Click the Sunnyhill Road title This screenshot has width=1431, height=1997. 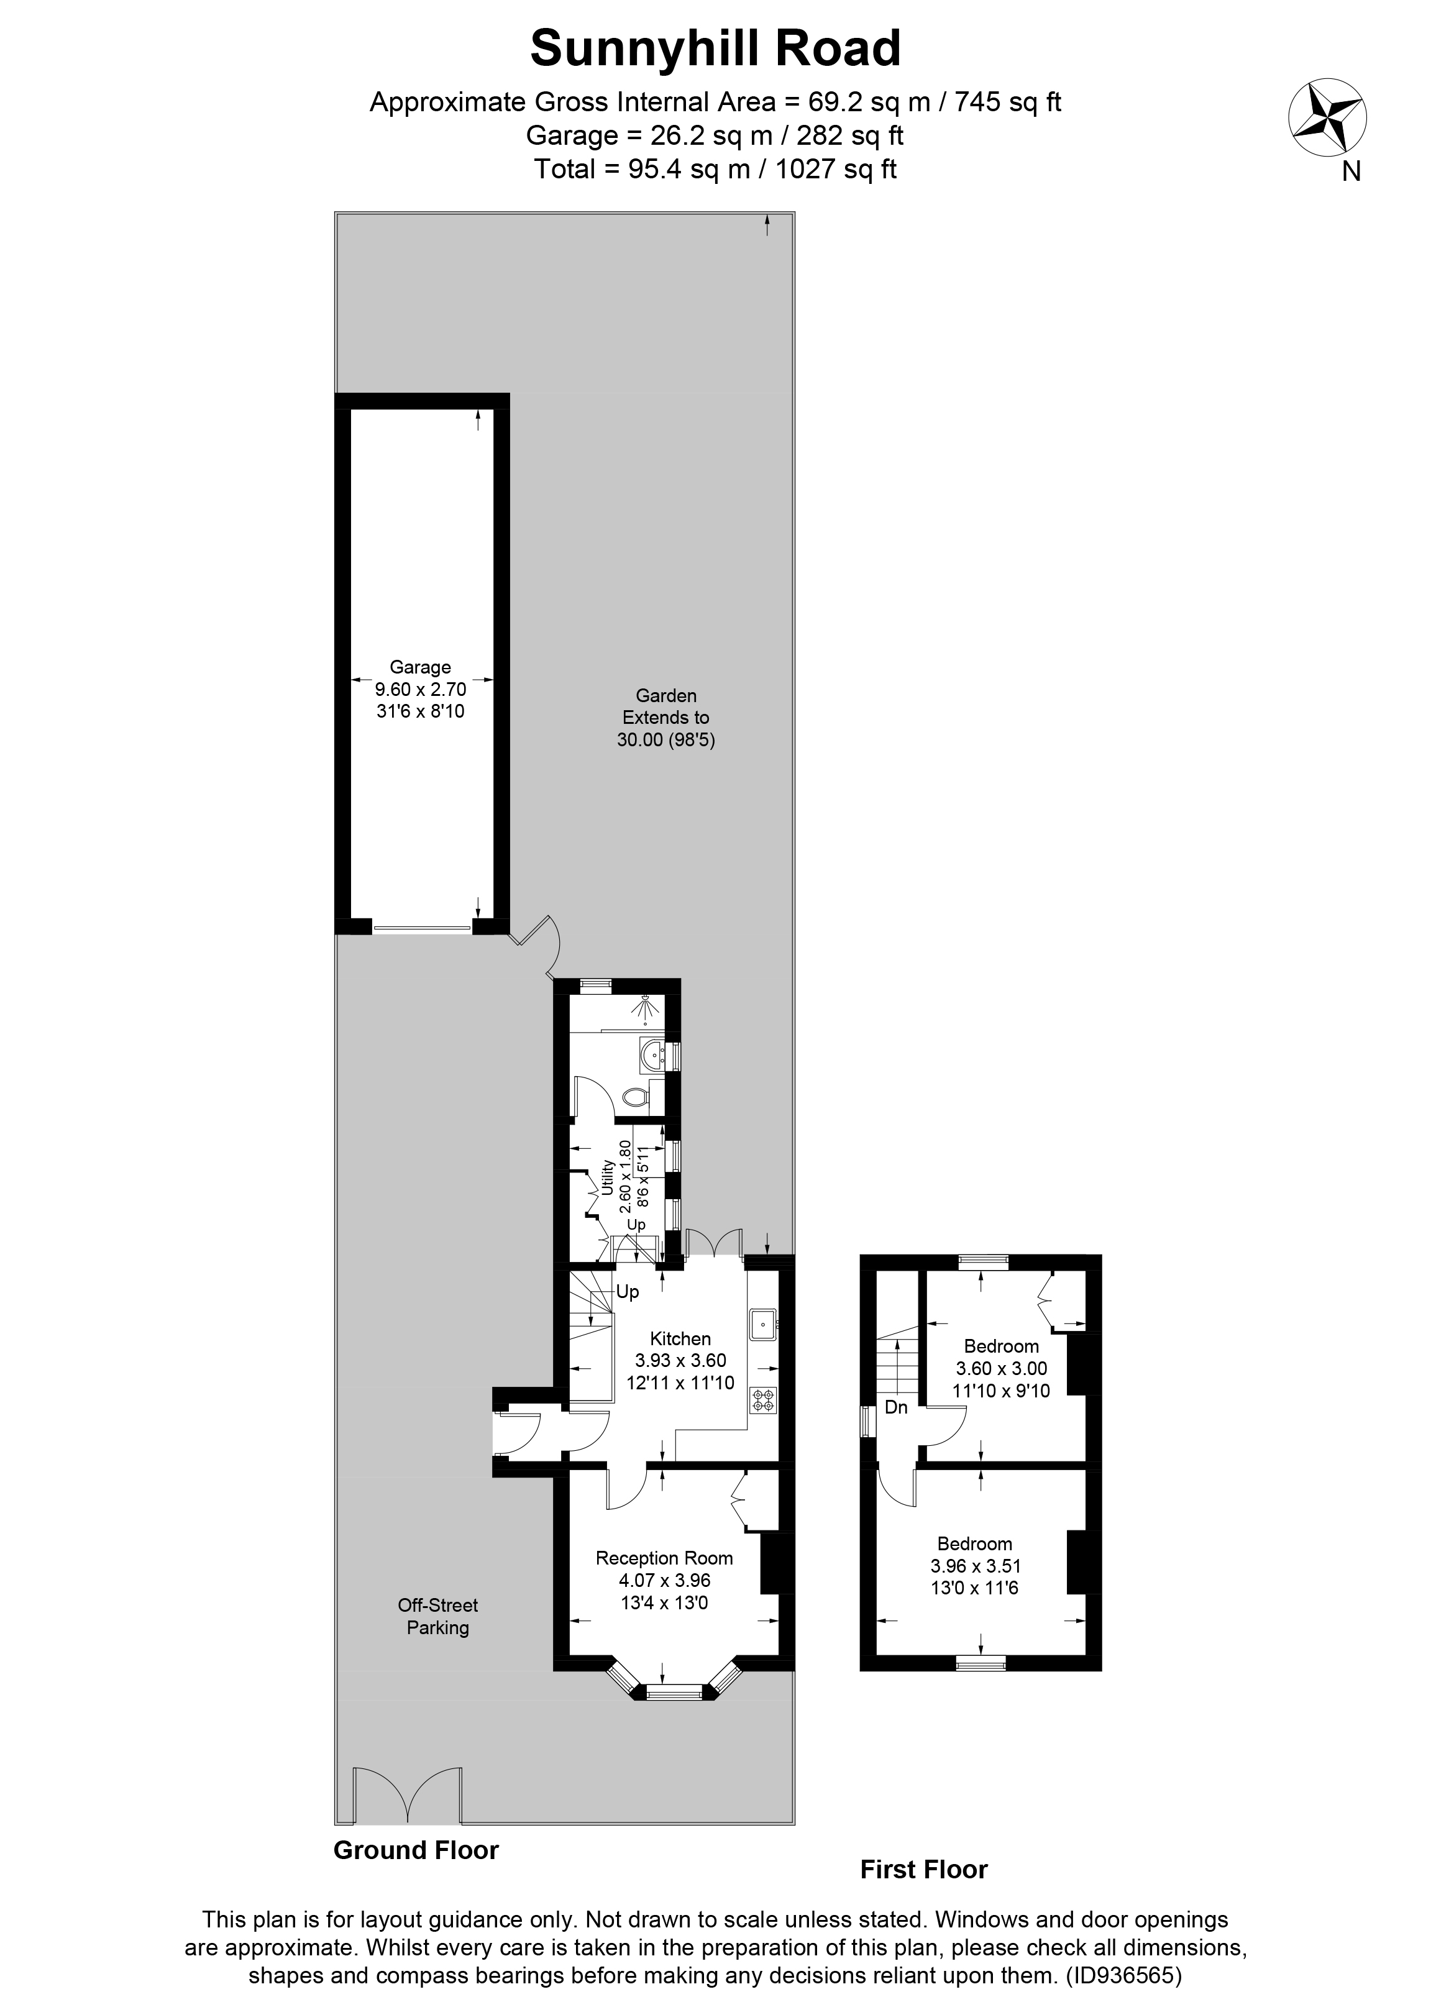pyautogui.click(x=715, y=48)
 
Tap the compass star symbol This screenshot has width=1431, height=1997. pyautogui.click(x=1327, y=119)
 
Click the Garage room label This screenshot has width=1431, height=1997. pyautogui.click(x=420, y=667)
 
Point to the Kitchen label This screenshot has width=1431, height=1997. pyautogui.click(x=680, y=1338)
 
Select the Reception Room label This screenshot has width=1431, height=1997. pyautogui.click(x=664, y=1558)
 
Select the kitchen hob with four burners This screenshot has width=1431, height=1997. pyautogui.click(x=762, y=1399)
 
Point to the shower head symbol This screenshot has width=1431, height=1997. pyautogui.click(x=647, y=1008)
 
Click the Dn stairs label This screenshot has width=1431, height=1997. pyautogui.click(x=895, y=1407)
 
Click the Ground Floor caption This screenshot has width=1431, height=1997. pyautogui.click(x=416, y=1850)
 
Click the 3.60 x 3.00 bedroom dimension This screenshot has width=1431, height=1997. pyautogui.click(x=1001, y=1368)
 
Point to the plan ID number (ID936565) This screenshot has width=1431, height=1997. pyautogui.click(x=1123, y=1974)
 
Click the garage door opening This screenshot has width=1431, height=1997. pyautogui.click(x=422, y=927)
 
